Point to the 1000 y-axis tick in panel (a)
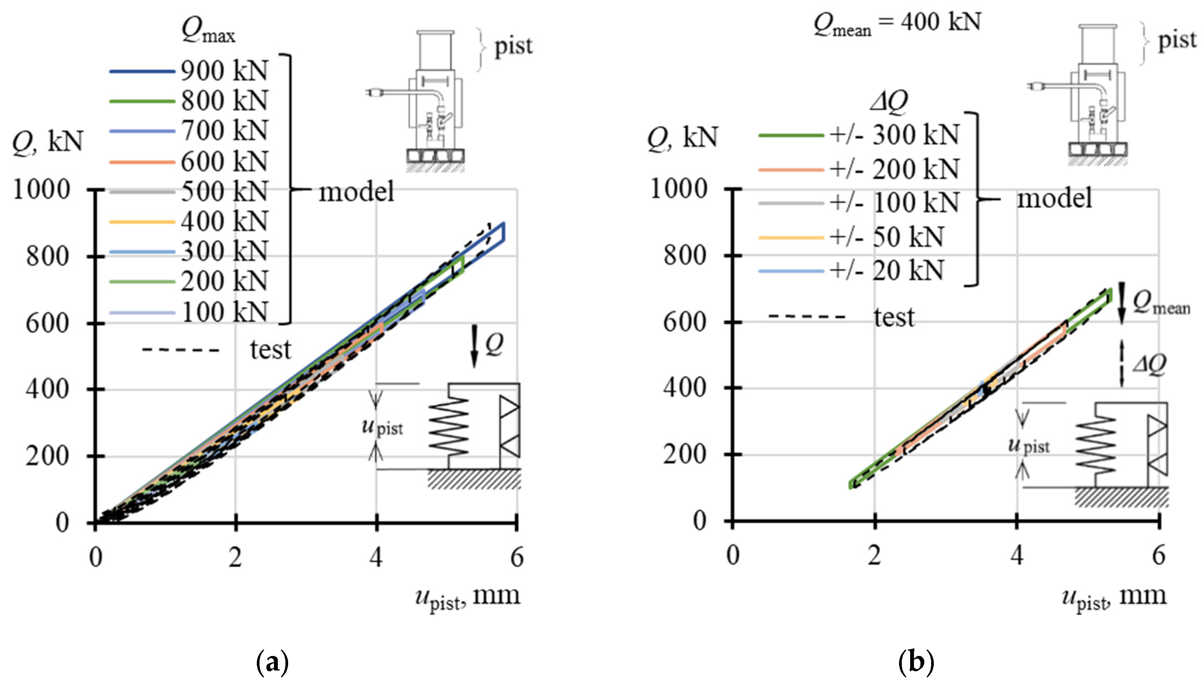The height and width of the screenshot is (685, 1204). click(41, 190)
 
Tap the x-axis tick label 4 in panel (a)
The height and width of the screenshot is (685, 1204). click(376, 557)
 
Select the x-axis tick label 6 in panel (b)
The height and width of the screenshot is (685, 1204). click(1159, 556)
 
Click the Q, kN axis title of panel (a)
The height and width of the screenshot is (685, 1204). click(47, 141)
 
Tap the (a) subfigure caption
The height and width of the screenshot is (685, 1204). click(272, 662)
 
